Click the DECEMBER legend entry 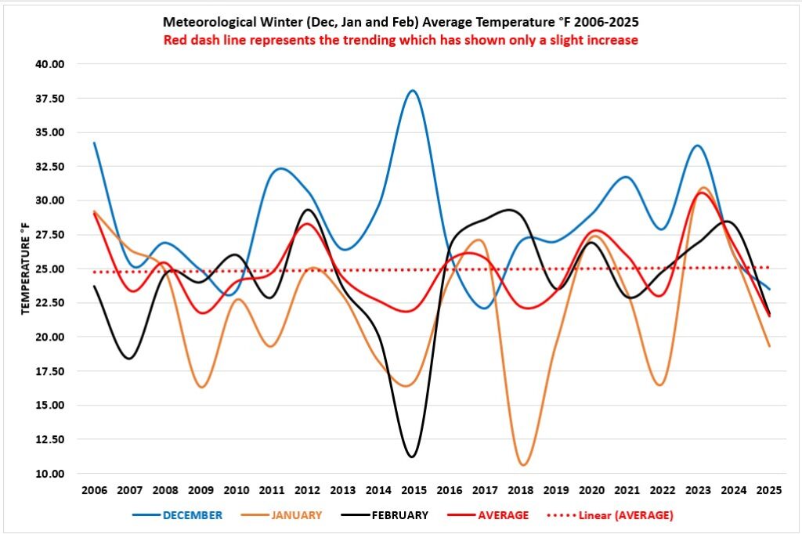click(x=193, y=515)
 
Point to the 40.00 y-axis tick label click(x=49, y=64)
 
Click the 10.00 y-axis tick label click(x=49, y=474)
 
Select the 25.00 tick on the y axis click(x=49, y=269)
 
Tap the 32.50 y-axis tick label click(x=49, y=167)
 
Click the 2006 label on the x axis click(x=94, y=491)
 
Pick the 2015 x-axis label click(x=413, y=491)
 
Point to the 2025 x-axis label click(x=767, y=491)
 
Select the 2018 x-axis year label click(x=519, y=491)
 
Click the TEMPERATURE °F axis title click(x=25, y=269)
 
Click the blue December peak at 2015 click(x=413, y=91)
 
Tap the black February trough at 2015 click(x=411, y=456)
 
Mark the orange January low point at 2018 click(x=523, y=465)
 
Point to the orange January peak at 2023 click(x=703, y=188)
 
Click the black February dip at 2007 click(x=128, y=358)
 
